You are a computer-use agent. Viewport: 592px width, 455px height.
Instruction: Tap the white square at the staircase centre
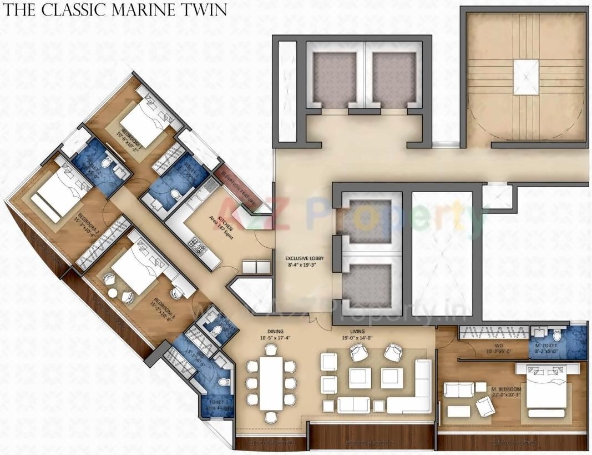click(526, 77)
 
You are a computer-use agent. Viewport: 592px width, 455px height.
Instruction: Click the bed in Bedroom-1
click(141, 118)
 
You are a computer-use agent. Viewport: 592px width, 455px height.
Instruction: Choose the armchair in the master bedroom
click(485, 408)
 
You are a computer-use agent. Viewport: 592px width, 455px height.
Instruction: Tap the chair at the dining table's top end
click(271, 349)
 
